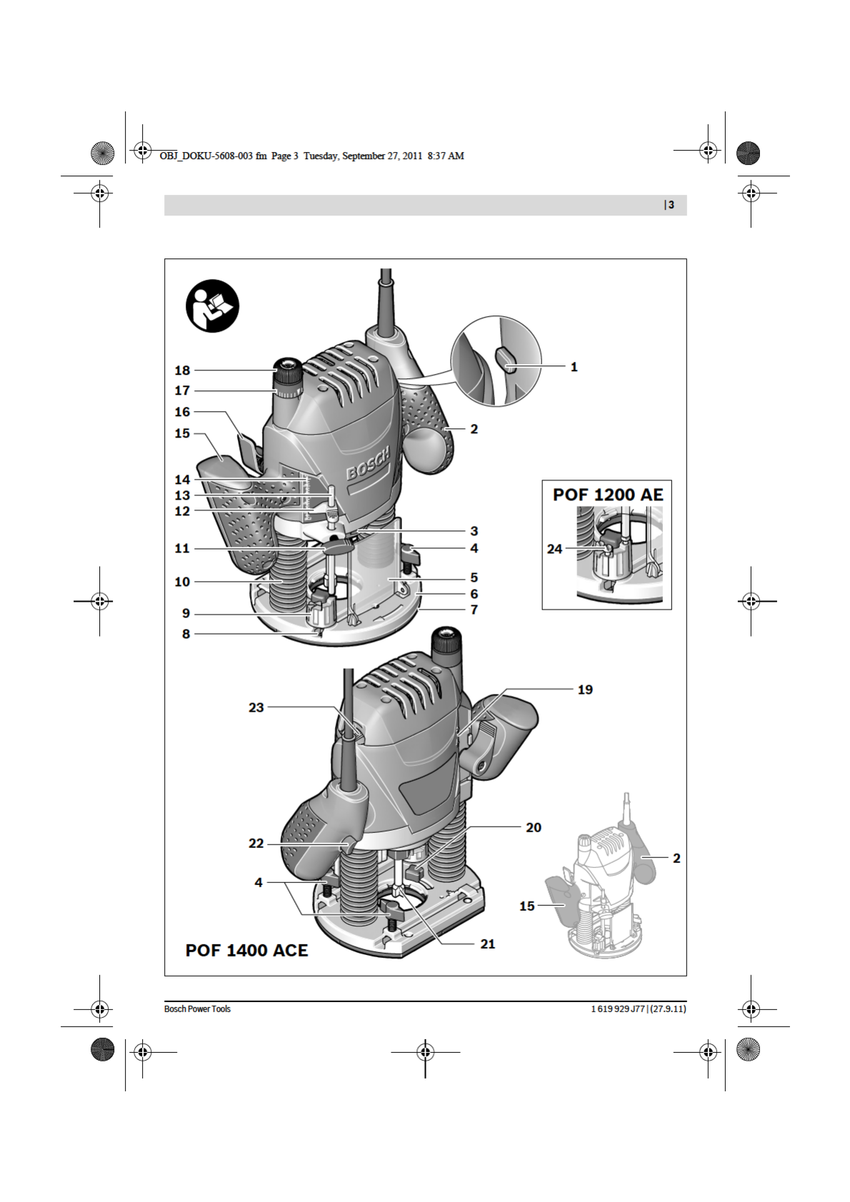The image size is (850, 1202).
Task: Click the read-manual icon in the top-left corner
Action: (x=212, y=306)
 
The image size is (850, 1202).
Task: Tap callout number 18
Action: (x=182, y=370)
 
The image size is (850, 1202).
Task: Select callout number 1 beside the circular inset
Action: (x=574, y=367)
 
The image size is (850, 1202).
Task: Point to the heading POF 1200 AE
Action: (x=608, y=494)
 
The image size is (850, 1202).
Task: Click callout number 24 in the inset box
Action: (x=555, y=549)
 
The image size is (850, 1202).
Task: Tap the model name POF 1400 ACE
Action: (x=246, y=950)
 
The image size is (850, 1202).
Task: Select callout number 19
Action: (x=585, y=690)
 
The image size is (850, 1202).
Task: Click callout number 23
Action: (x=256, y=707)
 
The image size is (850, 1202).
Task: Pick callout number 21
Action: (x=488, y=944)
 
